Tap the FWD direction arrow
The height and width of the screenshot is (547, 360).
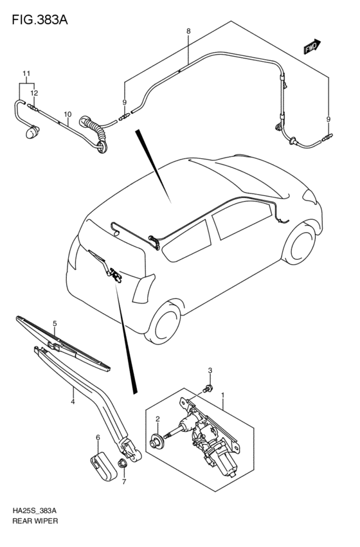pos(312,47)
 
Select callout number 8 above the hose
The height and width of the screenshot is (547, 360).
pos(188,31)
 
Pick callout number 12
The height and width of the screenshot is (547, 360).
pos(33,93)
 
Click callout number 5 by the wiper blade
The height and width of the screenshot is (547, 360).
pos(55,323)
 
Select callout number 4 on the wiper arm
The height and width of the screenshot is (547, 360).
pos(73,402)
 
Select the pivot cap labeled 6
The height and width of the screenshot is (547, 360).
pos(100,465)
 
